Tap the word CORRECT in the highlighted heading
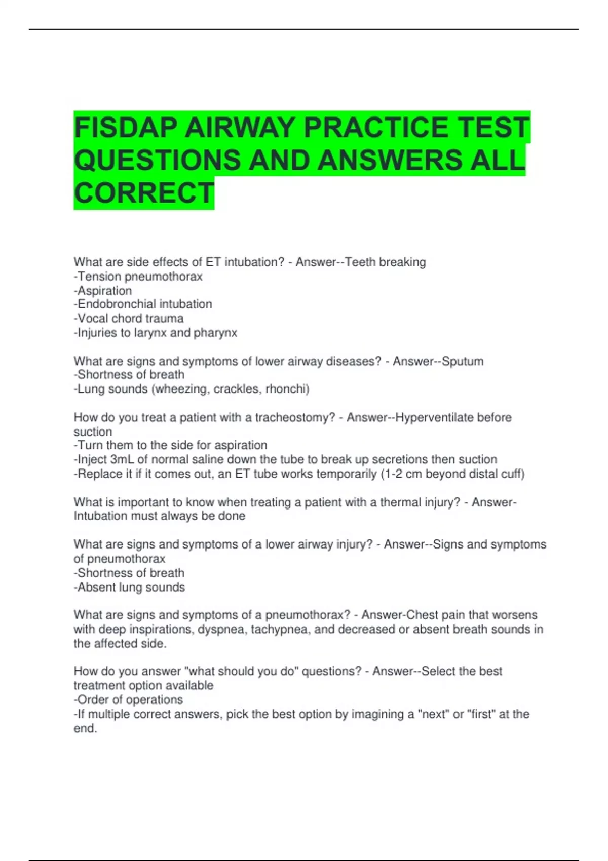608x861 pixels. coord(144,193)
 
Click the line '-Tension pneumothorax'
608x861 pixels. coord(138,277)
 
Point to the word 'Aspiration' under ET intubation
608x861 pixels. coord(105,291)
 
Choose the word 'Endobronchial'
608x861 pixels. coord(109,304)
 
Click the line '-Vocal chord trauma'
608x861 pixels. coord(129,318)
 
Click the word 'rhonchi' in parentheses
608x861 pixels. coord(287,389)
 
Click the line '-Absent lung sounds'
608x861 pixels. coord(129,588)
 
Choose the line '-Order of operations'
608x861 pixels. coord(128,700)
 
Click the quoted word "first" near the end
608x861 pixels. coord(481,714)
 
